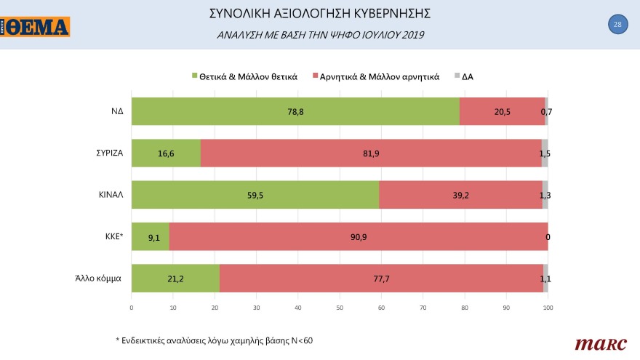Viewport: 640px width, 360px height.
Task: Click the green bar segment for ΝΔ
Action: click(295, 111)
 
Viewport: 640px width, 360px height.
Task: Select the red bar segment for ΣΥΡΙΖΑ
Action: click(371, 153)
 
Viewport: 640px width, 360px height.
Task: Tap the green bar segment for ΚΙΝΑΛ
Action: click(255, 194)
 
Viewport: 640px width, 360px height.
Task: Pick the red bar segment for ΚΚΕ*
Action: click(358, 236)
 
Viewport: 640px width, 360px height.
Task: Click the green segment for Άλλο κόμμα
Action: click(175, 278)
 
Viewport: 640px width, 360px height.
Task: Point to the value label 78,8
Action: click(296, 111)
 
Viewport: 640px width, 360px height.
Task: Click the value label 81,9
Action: click(371, 153)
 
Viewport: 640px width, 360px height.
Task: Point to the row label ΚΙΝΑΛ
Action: click(110, 194)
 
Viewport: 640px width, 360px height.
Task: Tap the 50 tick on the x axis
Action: click(340, 308)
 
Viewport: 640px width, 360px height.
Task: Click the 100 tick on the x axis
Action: click(548, 308)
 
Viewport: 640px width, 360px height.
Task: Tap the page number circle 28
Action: click(617, 25)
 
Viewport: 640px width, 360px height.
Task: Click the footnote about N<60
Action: click(214, 340)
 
